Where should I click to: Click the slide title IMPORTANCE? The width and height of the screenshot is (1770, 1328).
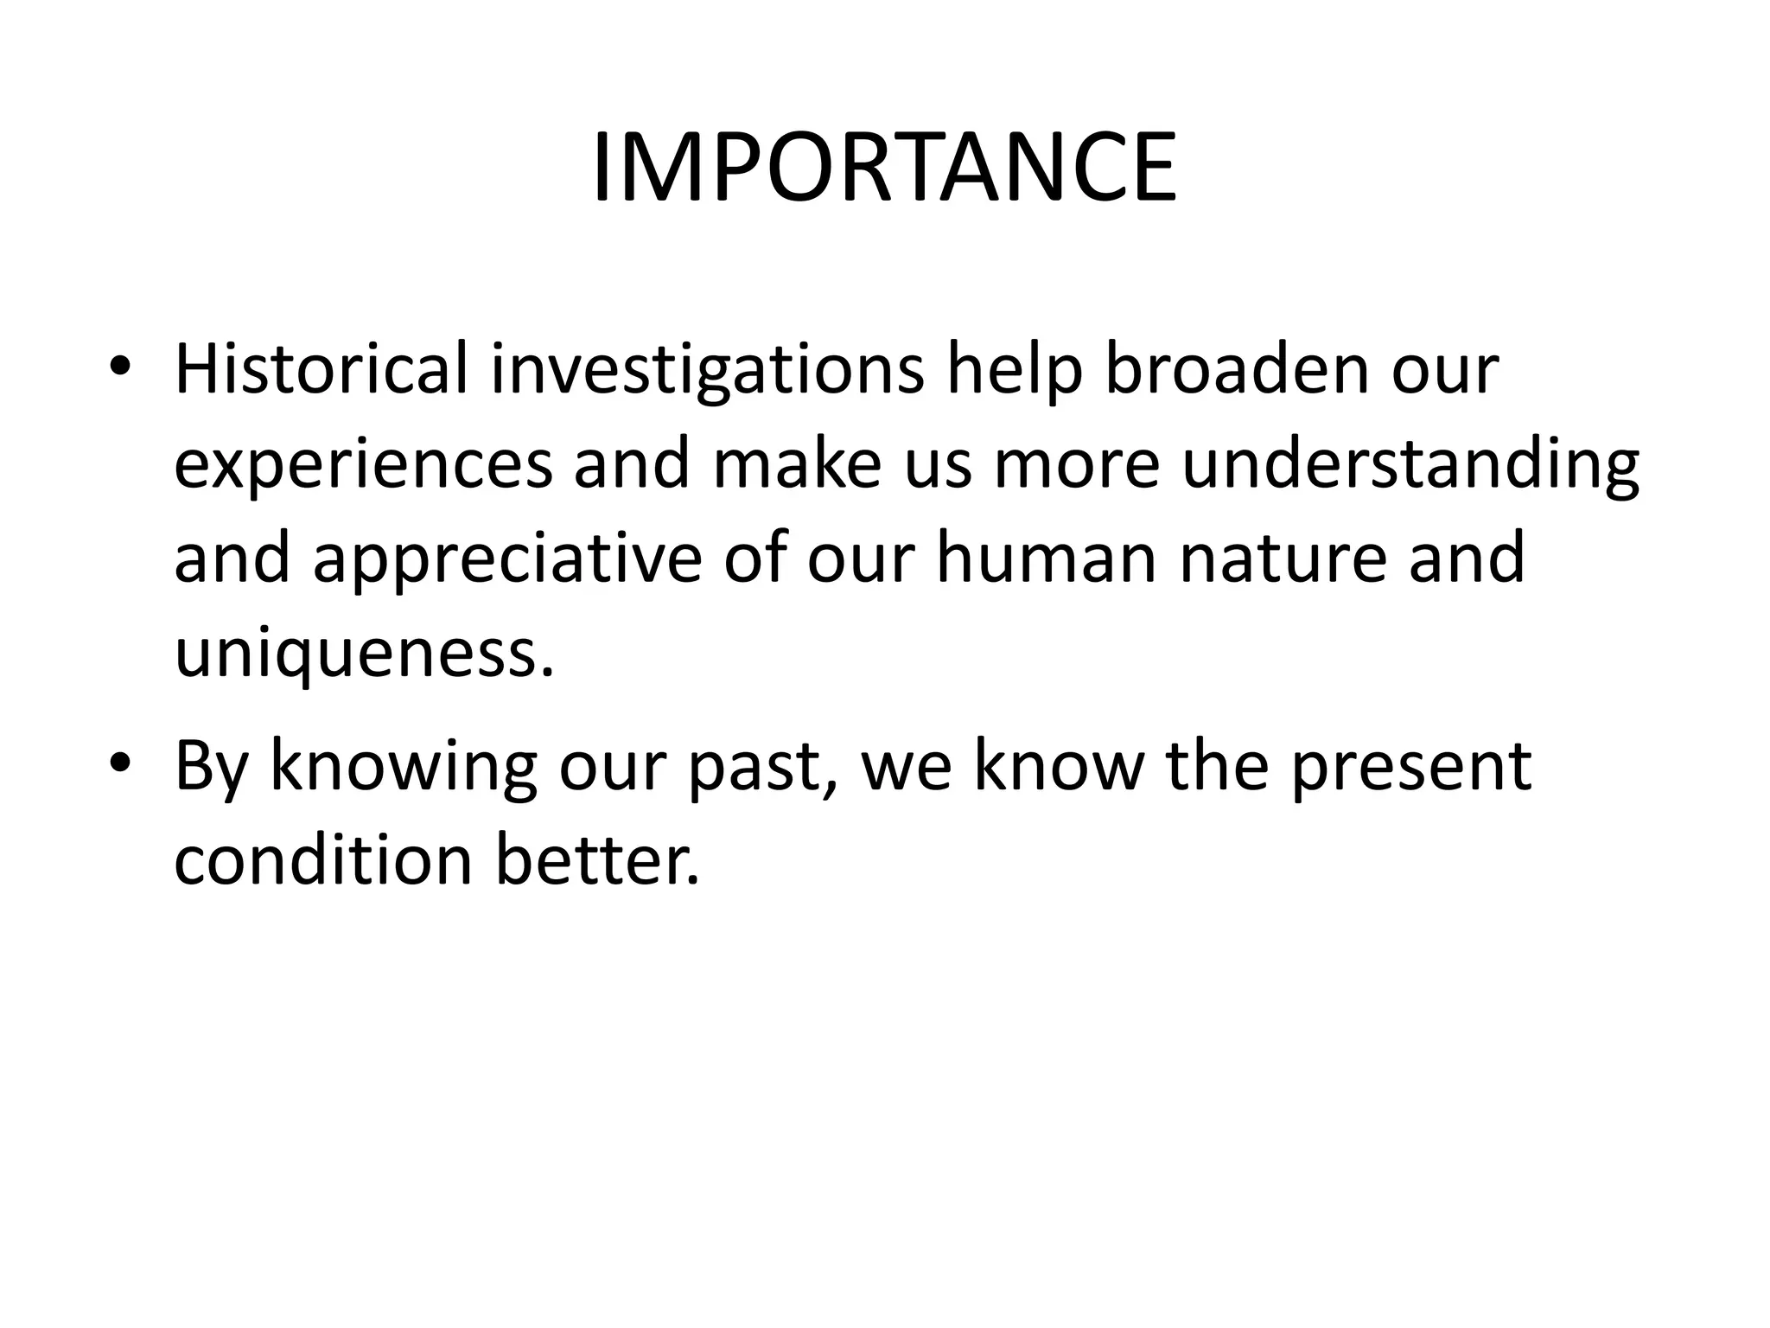point(884,168)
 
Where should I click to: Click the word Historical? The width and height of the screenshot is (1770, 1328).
point(321,369)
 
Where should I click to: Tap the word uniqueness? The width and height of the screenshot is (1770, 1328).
point(363,654)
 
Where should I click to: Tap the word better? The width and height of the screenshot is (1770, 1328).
point(597,861)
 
